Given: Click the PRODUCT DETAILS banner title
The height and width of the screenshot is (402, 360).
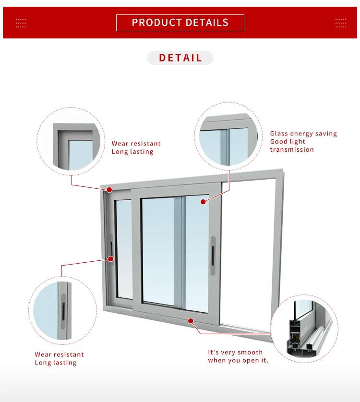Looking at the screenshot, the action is (x=180, y=23).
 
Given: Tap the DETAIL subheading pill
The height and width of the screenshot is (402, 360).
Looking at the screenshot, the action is (x=180, y=58).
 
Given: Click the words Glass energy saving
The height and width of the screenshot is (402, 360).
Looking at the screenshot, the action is (x=303, y=134).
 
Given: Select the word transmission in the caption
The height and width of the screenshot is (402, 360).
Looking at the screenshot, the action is (x=292, y=150).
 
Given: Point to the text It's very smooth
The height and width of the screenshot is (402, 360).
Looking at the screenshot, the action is (x=235, y=353).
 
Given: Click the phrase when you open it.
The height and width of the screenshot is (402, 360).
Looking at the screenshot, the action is (x=238, y=361).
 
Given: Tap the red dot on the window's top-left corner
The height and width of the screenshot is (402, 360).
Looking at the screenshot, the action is (x=109, y=190).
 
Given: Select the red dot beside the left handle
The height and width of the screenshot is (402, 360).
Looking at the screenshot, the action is (x=110, y=259).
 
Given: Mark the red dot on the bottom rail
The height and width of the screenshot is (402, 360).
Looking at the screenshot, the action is (x=191, y=320).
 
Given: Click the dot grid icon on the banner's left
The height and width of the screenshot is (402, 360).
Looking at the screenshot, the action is (x=21, y=23).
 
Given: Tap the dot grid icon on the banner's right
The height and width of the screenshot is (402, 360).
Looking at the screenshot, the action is (x=341, y=23).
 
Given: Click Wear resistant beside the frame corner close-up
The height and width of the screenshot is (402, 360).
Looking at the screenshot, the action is (x=136, y=144).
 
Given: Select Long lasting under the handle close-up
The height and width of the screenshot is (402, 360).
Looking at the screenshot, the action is (x=56, y=363).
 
